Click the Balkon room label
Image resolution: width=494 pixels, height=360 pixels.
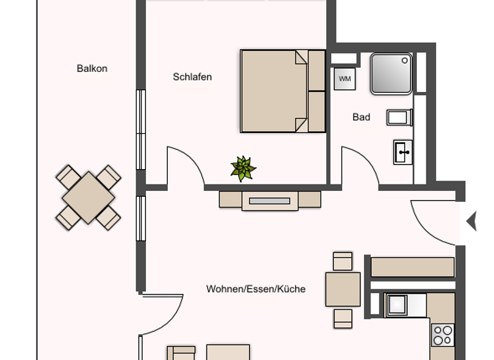point(92,68)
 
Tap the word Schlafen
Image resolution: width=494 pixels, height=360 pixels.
point(192,77)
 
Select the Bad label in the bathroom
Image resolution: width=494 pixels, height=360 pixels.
point(361,117)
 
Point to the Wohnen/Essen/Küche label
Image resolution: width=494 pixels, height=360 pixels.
point(255,289)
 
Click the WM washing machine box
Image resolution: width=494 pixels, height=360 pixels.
point(345,79)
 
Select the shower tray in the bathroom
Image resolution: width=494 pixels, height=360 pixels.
point(391,74)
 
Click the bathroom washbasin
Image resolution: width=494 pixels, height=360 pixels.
point(403,152)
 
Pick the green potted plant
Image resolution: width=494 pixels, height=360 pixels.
point(243,168)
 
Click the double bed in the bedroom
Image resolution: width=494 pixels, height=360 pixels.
point(282,91)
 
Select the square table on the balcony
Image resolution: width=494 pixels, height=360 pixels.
point(88,197)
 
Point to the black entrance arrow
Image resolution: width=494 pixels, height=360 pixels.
point(471,221)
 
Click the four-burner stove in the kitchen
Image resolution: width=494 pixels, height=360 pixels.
point(443,335)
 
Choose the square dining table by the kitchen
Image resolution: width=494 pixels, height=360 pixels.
point(343,289)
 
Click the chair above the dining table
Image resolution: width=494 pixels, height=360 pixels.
point(343,261)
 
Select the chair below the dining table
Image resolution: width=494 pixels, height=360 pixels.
point(343,318)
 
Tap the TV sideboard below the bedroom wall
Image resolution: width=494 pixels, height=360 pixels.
point(270,200)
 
